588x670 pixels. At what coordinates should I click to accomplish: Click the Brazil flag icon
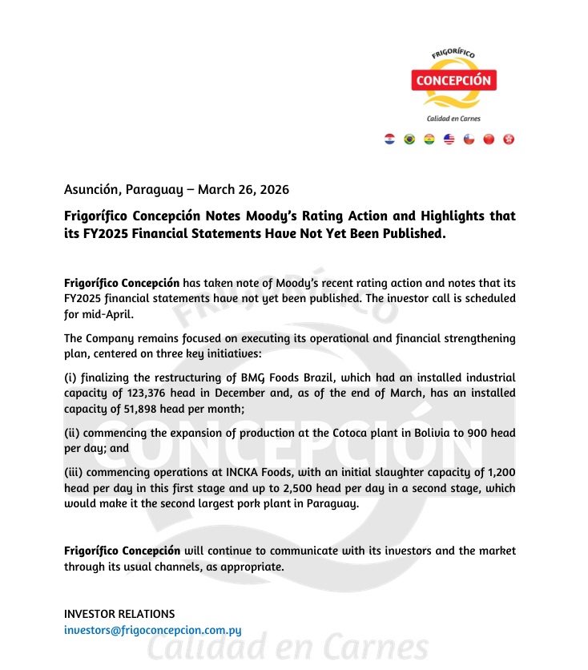409,139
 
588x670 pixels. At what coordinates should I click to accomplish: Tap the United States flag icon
449,139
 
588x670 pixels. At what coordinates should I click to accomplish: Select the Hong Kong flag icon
509,139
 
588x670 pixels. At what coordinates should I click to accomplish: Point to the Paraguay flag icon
390,139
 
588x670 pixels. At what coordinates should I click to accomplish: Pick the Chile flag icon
469,139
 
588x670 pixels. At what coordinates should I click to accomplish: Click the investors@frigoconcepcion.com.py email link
153,630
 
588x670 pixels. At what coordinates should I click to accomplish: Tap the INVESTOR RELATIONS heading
119,614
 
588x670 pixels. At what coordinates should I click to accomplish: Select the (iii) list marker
73,473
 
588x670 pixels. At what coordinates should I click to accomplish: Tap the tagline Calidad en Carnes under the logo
453,119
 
